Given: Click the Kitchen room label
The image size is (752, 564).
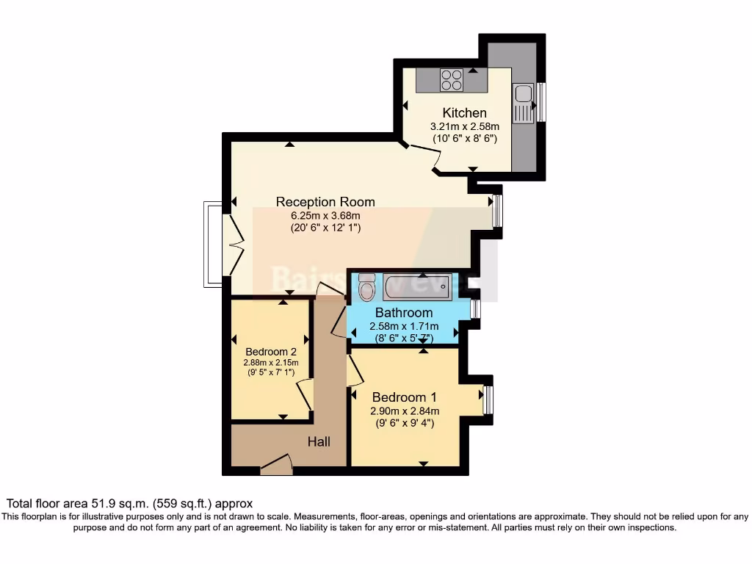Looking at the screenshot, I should tap(464, 113).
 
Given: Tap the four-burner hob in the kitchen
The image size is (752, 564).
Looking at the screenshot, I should tap(452, 79).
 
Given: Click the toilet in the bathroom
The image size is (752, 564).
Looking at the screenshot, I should tap(365, 289).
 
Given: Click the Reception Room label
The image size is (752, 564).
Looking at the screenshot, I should tap(325, 202).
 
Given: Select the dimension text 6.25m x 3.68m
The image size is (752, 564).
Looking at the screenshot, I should tap(325, 215).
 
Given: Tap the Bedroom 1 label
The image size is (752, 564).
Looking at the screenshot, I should tap(403, 397).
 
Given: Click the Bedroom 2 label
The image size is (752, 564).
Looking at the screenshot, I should tap(271, 351).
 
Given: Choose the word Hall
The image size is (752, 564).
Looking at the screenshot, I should tap(319, 442).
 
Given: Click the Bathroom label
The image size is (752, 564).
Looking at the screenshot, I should tap(403, 313).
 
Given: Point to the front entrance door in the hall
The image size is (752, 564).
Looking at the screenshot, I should tap(277, 464).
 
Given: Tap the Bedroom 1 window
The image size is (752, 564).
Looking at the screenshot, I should tap(488, 400).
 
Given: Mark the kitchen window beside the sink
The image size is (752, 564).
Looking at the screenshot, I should tap(541, 102).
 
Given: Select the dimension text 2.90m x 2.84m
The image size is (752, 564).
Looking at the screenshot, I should tap(403, 411).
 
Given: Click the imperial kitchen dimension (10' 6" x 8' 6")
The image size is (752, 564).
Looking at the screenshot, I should tap(464, 138).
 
